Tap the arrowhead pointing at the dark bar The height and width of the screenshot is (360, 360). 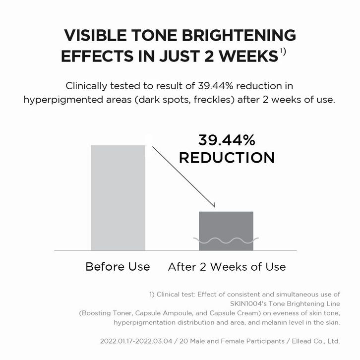213,204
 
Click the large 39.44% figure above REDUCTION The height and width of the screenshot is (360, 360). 227,140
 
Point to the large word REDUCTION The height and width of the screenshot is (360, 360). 227,158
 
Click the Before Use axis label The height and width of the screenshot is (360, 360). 118,267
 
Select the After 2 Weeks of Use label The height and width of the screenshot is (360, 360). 227,267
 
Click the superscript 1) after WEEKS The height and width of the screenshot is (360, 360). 283,51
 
